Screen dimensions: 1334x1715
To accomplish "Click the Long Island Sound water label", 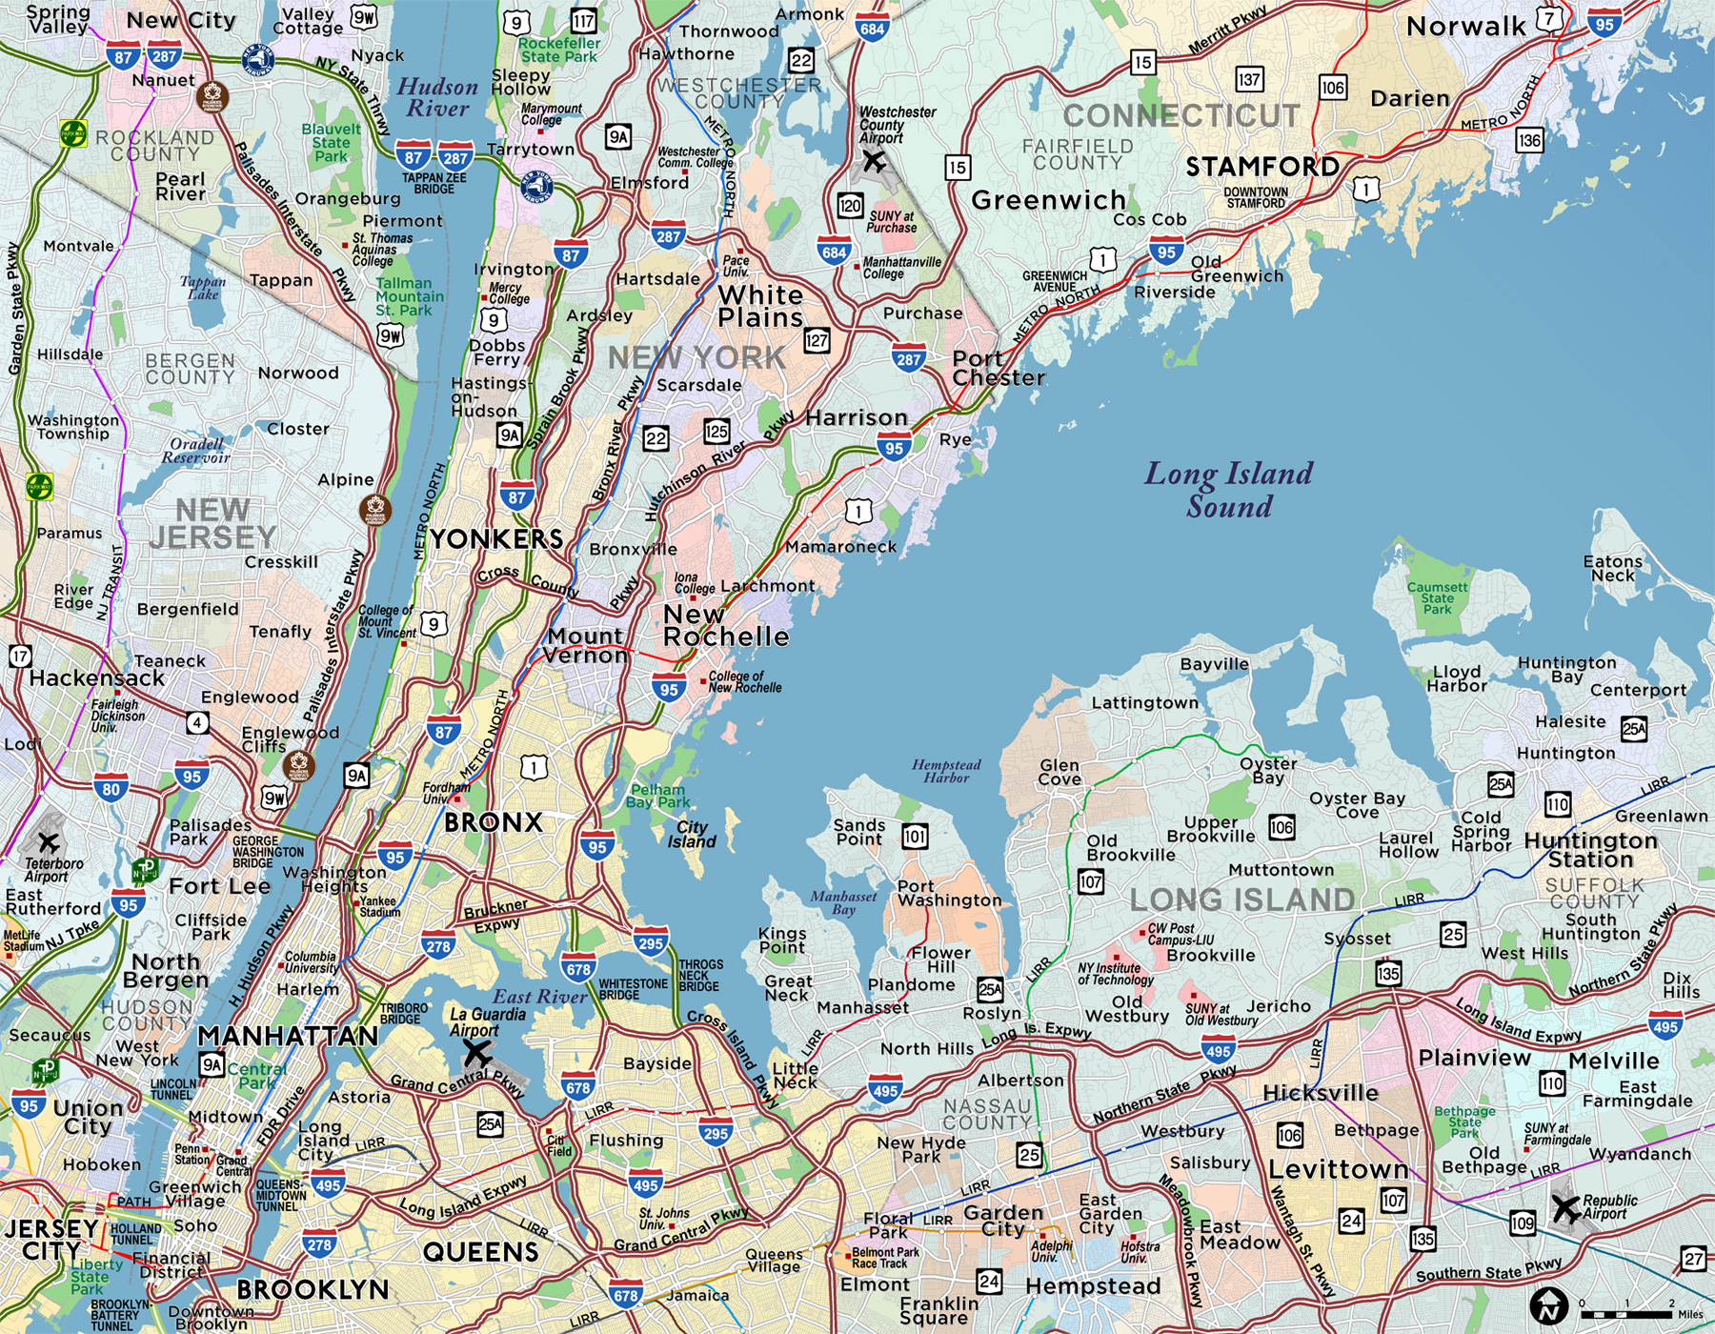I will (1228, 490).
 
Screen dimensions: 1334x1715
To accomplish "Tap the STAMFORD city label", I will (1262, 167).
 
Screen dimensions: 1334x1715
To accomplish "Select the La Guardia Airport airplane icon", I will (476, 1054).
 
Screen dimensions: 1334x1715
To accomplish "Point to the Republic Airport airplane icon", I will (1564, 1208).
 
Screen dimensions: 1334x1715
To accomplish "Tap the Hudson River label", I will (437, 97).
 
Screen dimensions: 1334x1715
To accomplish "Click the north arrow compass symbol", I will (1548, 1305).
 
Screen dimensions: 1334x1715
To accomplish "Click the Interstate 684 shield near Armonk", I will (872, 27).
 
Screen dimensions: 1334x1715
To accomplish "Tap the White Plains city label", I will (760, 306).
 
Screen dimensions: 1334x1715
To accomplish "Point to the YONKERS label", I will (496, 539).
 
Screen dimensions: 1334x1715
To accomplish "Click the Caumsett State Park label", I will (1437, 598).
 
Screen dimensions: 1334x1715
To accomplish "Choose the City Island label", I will (692, 835).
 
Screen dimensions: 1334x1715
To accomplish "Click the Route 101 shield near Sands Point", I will (915, 837).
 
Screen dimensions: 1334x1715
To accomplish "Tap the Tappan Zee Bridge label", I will (434, 183).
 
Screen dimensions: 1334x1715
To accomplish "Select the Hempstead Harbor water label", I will (946, 771).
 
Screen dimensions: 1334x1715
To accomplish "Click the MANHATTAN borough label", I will (288, 1036).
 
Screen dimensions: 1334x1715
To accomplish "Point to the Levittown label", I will (1338, 1169).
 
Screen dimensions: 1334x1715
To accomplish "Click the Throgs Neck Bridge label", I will (700, 975).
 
